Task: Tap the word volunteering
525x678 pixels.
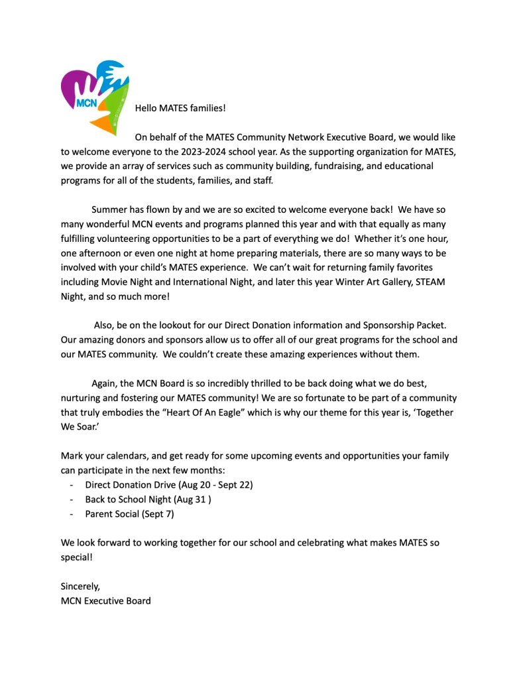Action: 142,239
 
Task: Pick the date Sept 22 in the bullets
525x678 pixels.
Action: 229,484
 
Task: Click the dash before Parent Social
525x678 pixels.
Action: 71,514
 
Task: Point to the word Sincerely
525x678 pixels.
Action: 80,587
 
